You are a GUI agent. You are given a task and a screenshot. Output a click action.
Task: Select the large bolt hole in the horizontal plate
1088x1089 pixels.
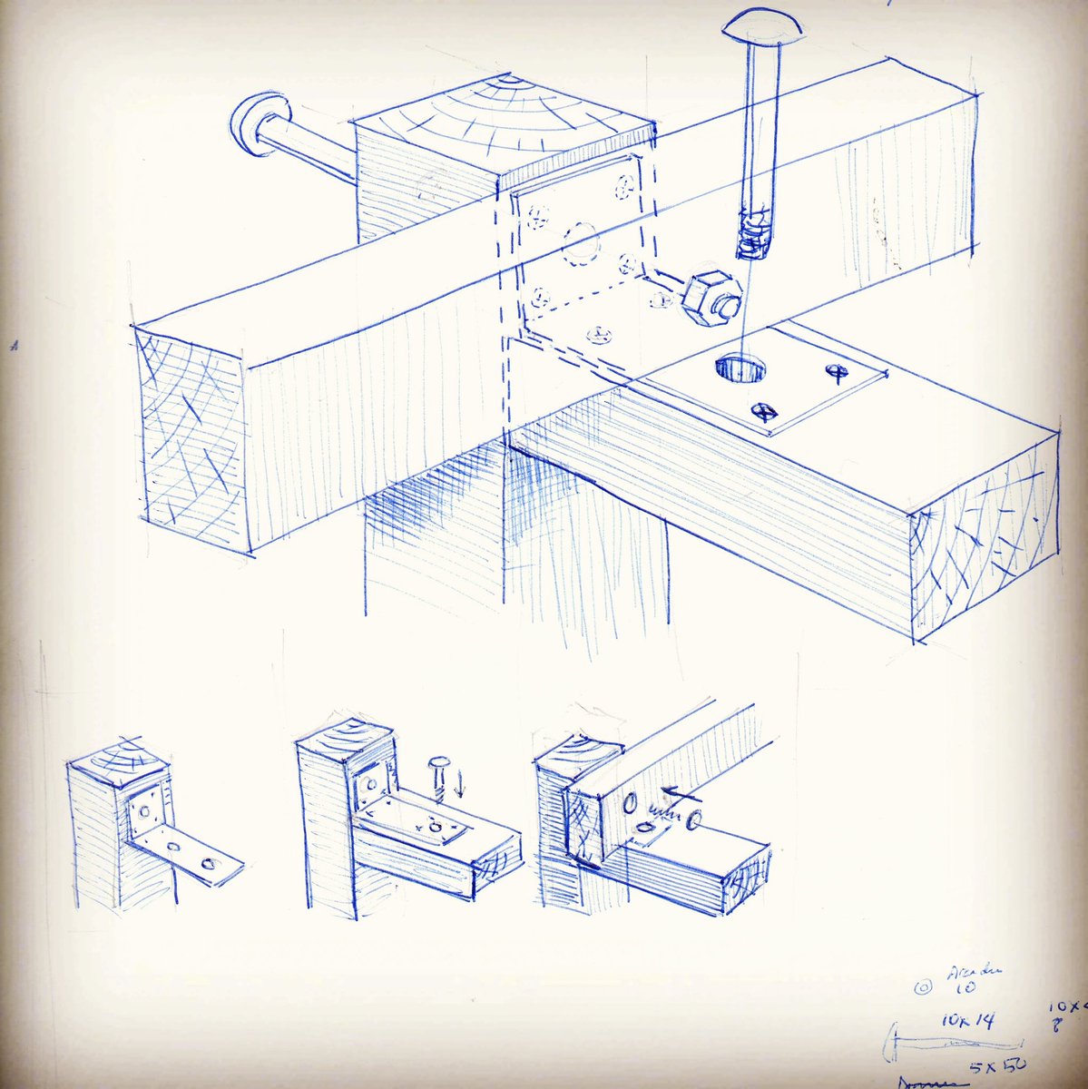coord(737,369)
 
